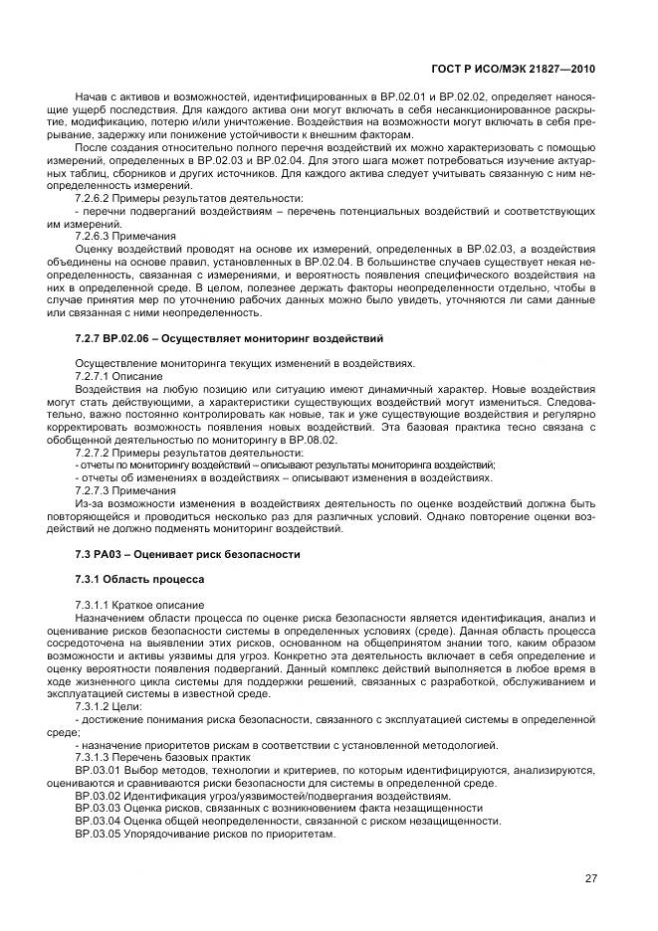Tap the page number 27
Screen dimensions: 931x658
click(590, 877)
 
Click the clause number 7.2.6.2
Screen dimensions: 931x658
click(96, 199)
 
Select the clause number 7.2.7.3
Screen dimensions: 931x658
click(96, 490)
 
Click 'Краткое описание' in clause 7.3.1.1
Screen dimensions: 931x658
click(161, 605)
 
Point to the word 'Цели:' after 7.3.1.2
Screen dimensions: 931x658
click(143, 706)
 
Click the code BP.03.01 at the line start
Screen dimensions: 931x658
click(98, 770)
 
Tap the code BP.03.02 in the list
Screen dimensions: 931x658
click(98, 796)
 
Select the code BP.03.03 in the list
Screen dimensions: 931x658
click(98, 809)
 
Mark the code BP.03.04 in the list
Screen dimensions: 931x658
click(98, 822)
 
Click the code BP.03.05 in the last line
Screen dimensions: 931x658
click(98, 835)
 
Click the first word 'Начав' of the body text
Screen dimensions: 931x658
click(93, 97)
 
